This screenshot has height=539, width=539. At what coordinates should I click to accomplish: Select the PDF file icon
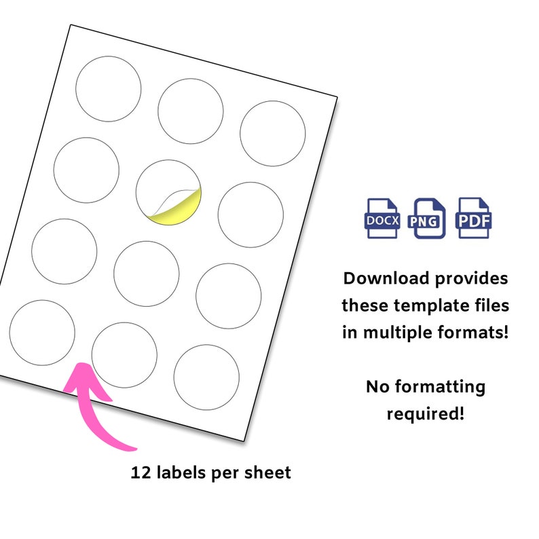tap(474, 218)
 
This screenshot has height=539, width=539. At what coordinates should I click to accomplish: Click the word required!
tap(426, 413)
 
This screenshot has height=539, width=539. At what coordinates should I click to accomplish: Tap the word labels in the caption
tap(182, 472)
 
